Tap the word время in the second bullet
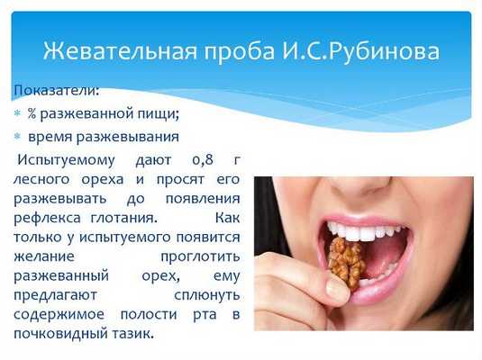point(50,137)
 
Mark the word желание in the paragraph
point(43,256)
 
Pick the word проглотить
point(203,256)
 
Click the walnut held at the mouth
point(346,262)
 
